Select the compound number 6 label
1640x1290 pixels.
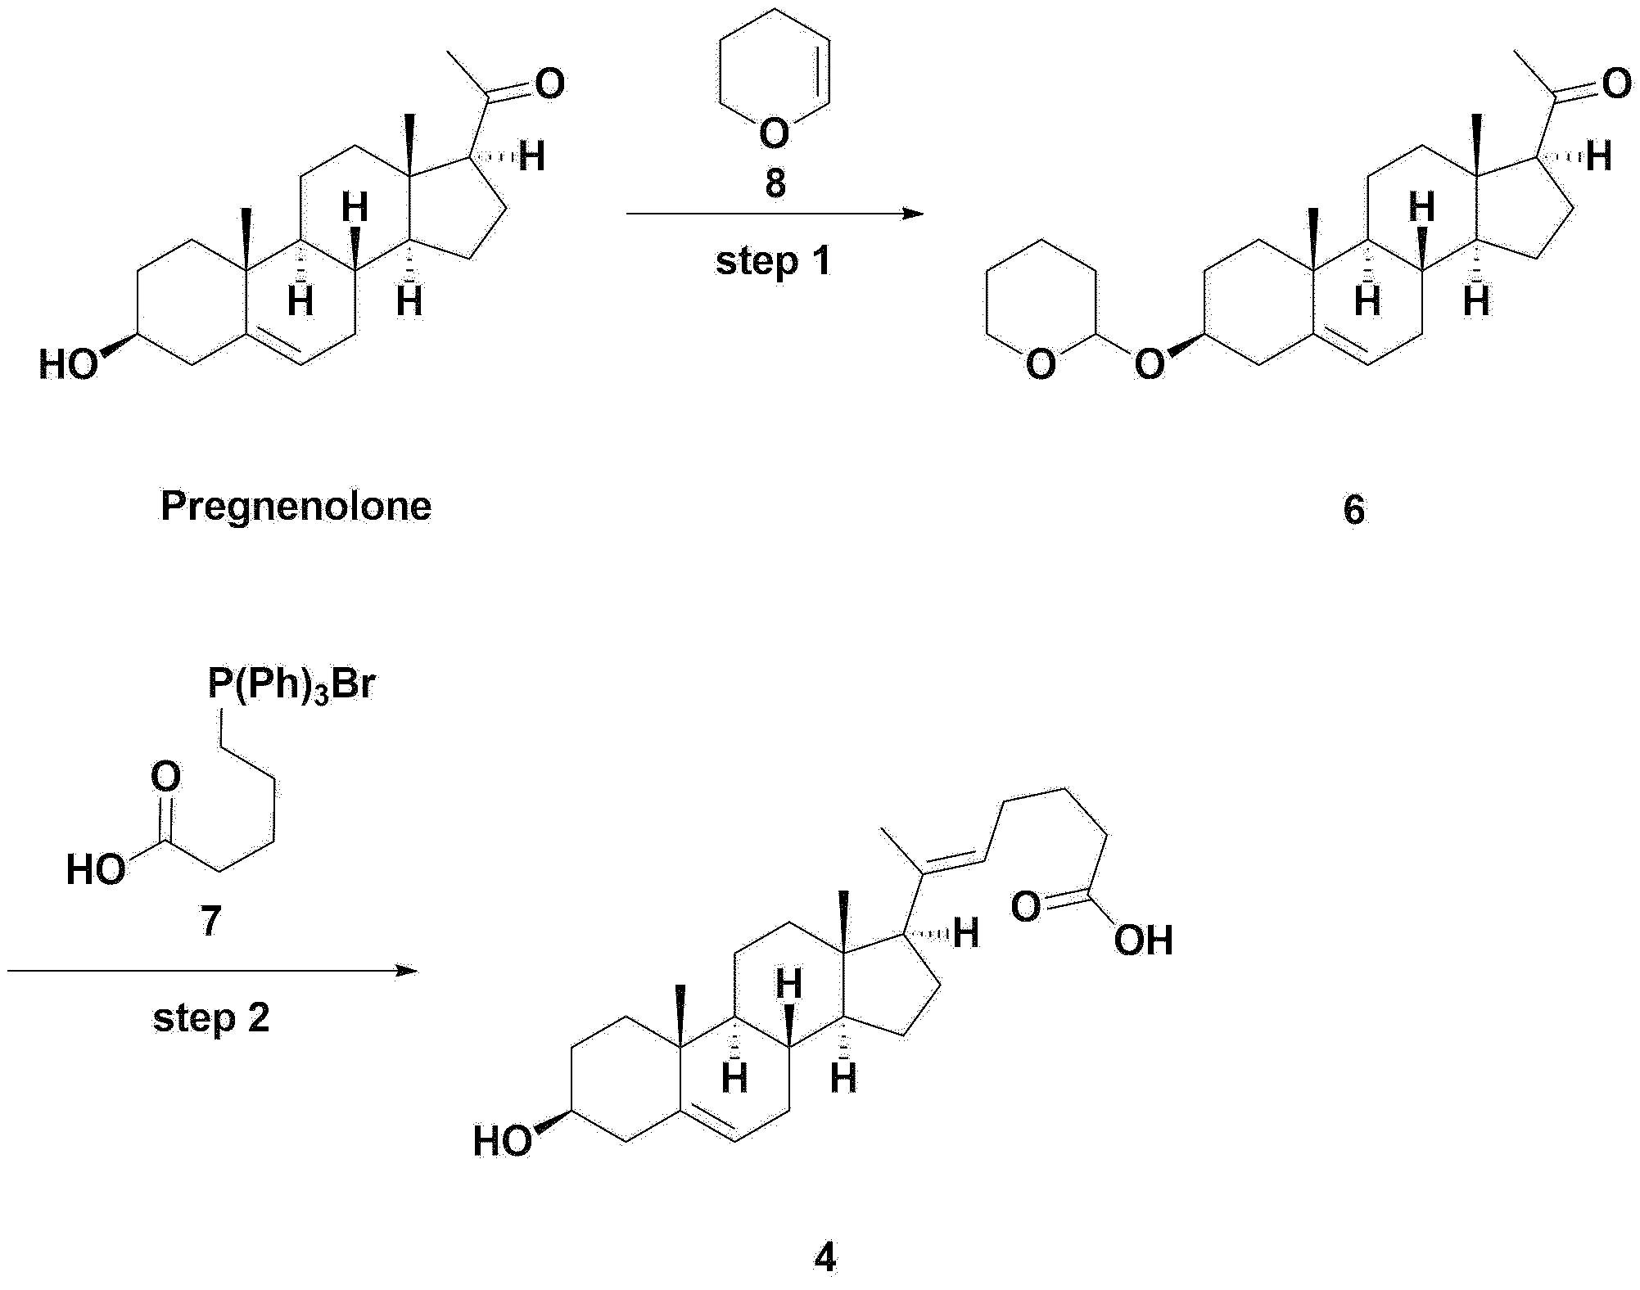point(1354,510)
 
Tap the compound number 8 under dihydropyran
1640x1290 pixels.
point(775,183)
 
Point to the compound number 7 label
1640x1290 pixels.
point(211,922)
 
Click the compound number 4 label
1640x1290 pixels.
point(825,1257)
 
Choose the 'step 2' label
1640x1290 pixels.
point(211,1018)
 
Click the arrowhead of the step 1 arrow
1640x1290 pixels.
point(912,214)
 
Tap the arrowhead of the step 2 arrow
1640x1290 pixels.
point(407,971)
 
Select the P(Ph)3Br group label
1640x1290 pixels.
point(291,685)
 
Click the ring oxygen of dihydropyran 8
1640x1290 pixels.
point(774,133)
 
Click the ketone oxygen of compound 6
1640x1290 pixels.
point(1616,83)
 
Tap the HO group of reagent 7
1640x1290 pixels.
point(96,870)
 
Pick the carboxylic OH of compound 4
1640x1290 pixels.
point(1144,940)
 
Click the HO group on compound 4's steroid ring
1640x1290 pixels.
point(503,1141)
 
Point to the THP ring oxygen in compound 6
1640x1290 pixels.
point(1041,364)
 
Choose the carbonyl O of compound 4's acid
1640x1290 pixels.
point(1027,907)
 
